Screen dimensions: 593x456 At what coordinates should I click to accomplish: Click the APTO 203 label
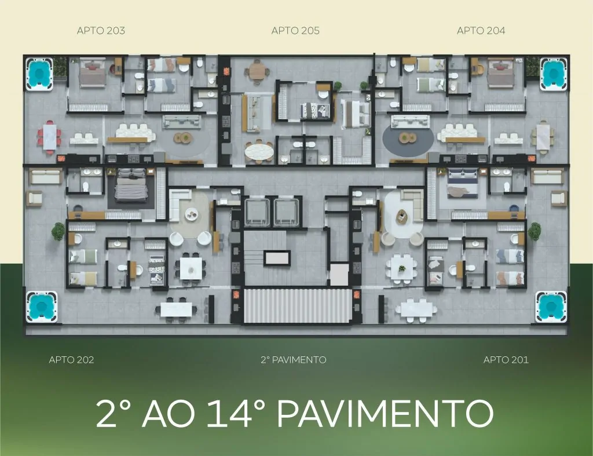(101, 31)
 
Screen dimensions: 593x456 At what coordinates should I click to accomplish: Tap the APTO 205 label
(295, 31)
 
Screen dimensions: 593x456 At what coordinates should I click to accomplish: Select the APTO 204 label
(481, 31)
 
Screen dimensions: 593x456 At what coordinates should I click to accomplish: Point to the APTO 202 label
(71, 359)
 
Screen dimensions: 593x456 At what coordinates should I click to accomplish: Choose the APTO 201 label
(506, 359)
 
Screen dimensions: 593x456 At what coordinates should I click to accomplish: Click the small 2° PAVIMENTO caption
(294, 359)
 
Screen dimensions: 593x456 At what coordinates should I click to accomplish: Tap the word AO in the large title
(168, 413)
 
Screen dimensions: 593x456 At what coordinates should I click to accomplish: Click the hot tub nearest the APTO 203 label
(39, 74)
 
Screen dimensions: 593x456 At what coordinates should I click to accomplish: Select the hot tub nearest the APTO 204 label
(554, 74)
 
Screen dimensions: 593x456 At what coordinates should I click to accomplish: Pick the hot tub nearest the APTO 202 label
(41, 306)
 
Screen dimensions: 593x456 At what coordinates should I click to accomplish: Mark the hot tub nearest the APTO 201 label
(551, 306)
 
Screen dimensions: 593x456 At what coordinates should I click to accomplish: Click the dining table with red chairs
(49, 136)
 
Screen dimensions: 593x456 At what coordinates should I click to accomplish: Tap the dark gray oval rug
(408, 140)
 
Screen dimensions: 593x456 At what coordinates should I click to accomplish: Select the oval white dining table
(259, 152)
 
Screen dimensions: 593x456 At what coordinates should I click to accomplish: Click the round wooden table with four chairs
(257, 70)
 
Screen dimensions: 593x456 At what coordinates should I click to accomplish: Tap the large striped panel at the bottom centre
(296, 306)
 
